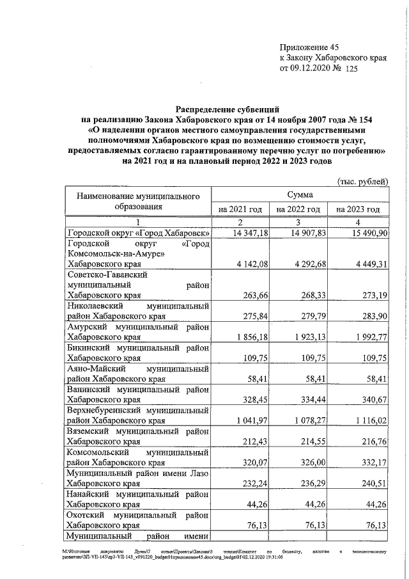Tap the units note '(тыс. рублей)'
[362, 182]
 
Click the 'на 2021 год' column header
[240, 209]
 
